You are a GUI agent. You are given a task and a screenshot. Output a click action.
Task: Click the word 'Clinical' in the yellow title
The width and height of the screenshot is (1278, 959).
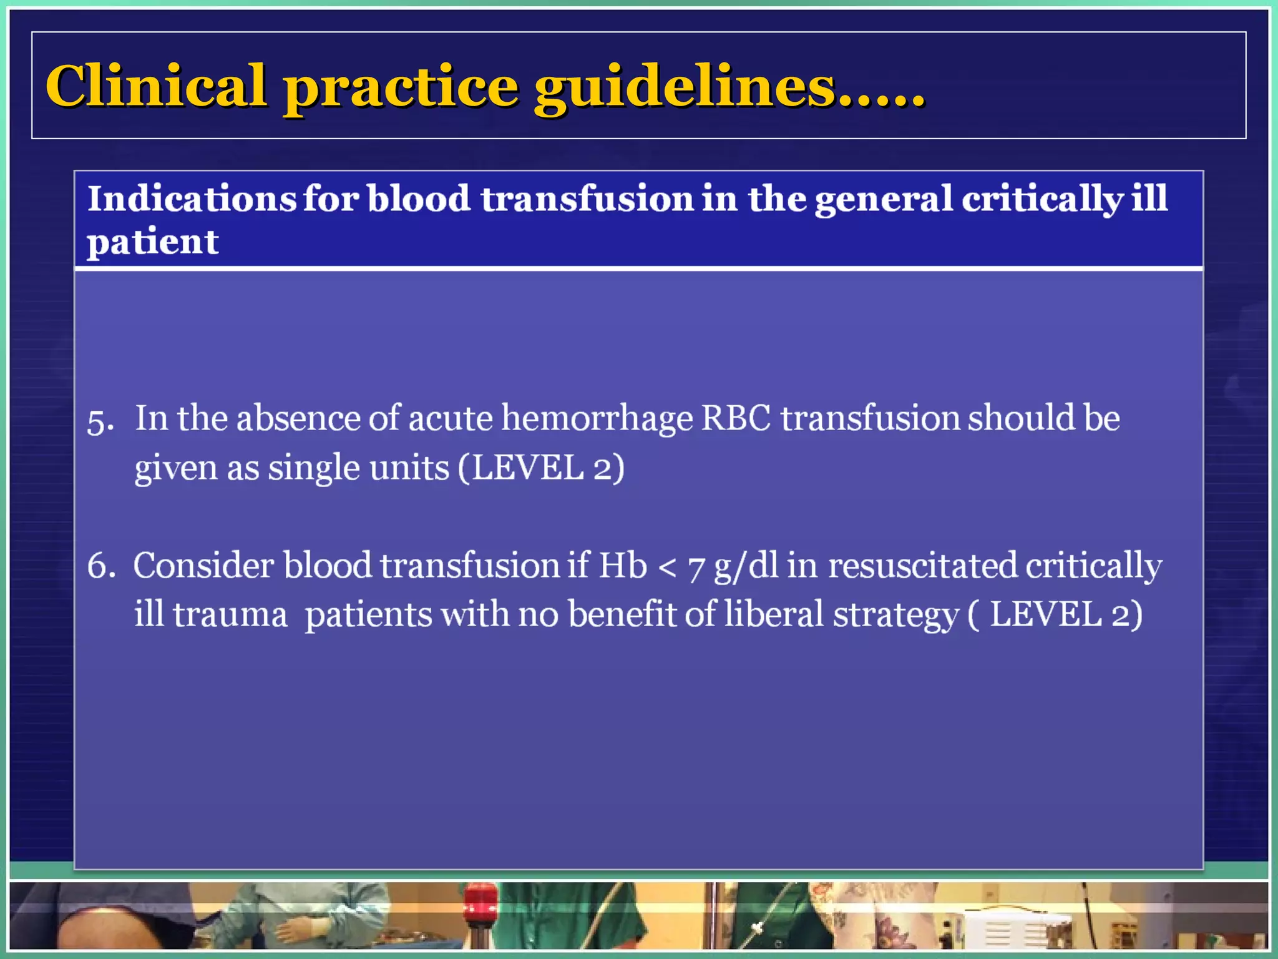coord(156,86)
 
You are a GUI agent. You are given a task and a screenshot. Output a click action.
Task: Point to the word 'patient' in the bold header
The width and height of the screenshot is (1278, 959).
coord(153,242)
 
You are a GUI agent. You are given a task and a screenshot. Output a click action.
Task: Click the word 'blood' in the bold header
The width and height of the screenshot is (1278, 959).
coord(418,199)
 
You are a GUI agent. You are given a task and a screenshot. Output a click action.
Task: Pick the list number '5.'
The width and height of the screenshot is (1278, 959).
coord(100,421)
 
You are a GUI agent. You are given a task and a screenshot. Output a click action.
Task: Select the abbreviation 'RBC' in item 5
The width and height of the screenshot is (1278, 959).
coord(736,418)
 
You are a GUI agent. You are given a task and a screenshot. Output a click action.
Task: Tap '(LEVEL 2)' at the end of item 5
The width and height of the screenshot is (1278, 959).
coord(541,468)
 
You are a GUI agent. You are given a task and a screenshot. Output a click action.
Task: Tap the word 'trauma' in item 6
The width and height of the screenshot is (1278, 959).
coord(230,615)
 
